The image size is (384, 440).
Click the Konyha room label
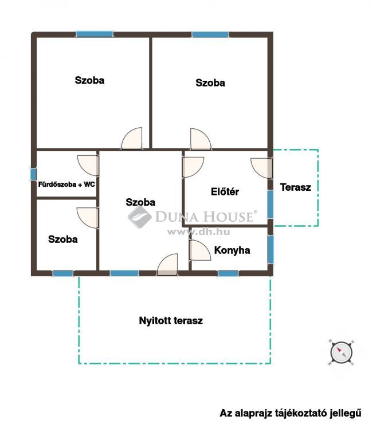coord(232,250)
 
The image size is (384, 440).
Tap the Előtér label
coord(225,192)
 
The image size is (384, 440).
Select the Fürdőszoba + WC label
coord(66,184)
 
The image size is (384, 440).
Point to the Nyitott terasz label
coord(171,320)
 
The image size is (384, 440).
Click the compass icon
coord(341,352)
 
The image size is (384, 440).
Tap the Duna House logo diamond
coord(139,217)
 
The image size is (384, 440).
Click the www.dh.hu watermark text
coord(198,232)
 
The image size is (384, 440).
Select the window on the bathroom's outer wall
coord(33,174)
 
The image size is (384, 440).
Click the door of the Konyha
coord(199,250)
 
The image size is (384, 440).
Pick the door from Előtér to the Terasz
coord(261,168)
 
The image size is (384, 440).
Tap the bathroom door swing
coord(88,165)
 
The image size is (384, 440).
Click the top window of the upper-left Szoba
coord(95,34)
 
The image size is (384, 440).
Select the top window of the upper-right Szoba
coord(210,34)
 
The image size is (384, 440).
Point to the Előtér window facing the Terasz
coord(270,205)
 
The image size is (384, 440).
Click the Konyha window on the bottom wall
coord(228,273)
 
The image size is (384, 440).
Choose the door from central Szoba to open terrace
coord(167,265)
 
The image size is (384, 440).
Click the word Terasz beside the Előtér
coord(295,187)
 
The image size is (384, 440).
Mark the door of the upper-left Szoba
coord(132,138)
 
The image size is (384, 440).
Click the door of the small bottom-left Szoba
coord(88,218)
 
